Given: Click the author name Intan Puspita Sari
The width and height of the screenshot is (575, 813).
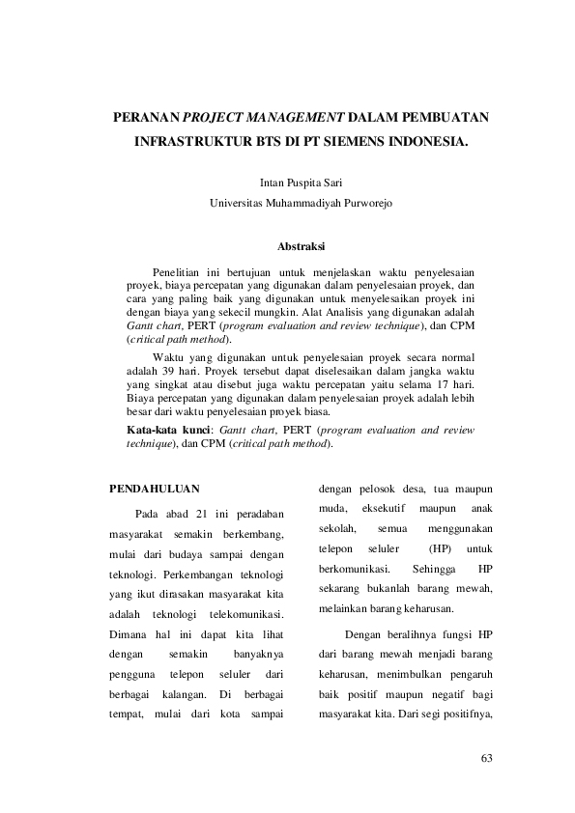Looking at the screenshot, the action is [x=302, y=182].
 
